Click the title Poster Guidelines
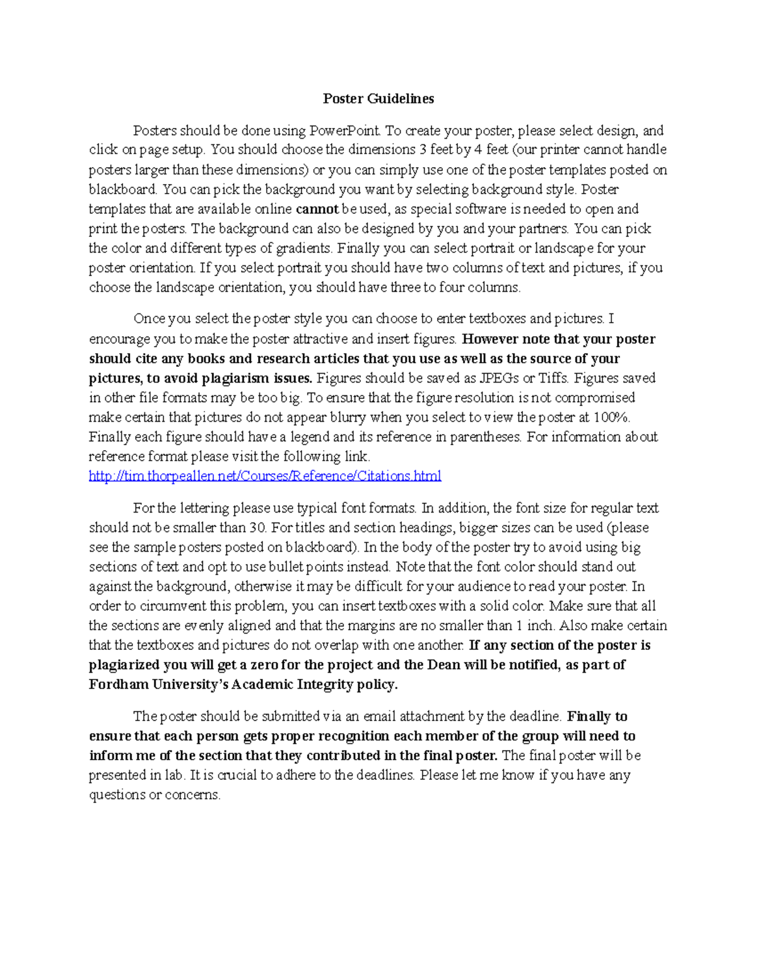(x=378, y=99)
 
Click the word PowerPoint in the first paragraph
(x=344, y=131)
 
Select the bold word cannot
(x=317, y=209)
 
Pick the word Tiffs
(x=550, y=378)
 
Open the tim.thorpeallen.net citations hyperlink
(x=265, y=476)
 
